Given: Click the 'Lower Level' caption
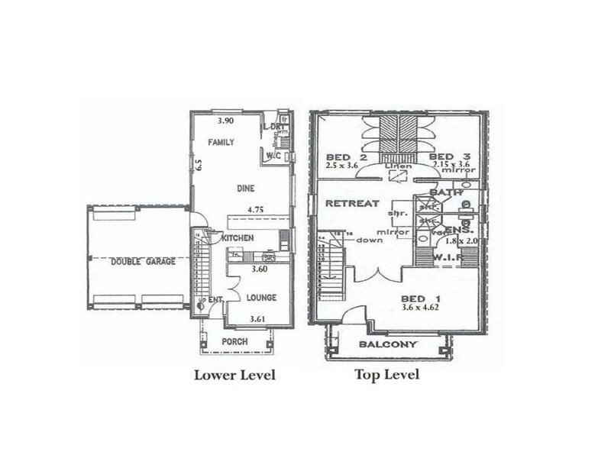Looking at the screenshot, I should point(234,375).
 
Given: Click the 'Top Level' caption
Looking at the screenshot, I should point(386,375).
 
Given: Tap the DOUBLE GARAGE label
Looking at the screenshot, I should point(142,261).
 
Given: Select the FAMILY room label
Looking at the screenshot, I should point(222,142).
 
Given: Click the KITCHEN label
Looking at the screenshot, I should point(238,238).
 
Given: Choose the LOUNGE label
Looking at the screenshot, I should point(260,297).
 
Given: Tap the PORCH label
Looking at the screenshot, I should point(234,341).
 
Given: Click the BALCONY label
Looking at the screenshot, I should point(388,344).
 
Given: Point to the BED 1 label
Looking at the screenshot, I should point(418,299).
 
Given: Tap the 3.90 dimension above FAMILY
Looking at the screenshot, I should point(225,121).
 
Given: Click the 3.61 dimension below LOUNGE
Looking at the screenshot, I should point(262,318).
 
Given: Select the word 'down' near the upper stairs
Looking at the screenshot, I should point(370,240).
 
